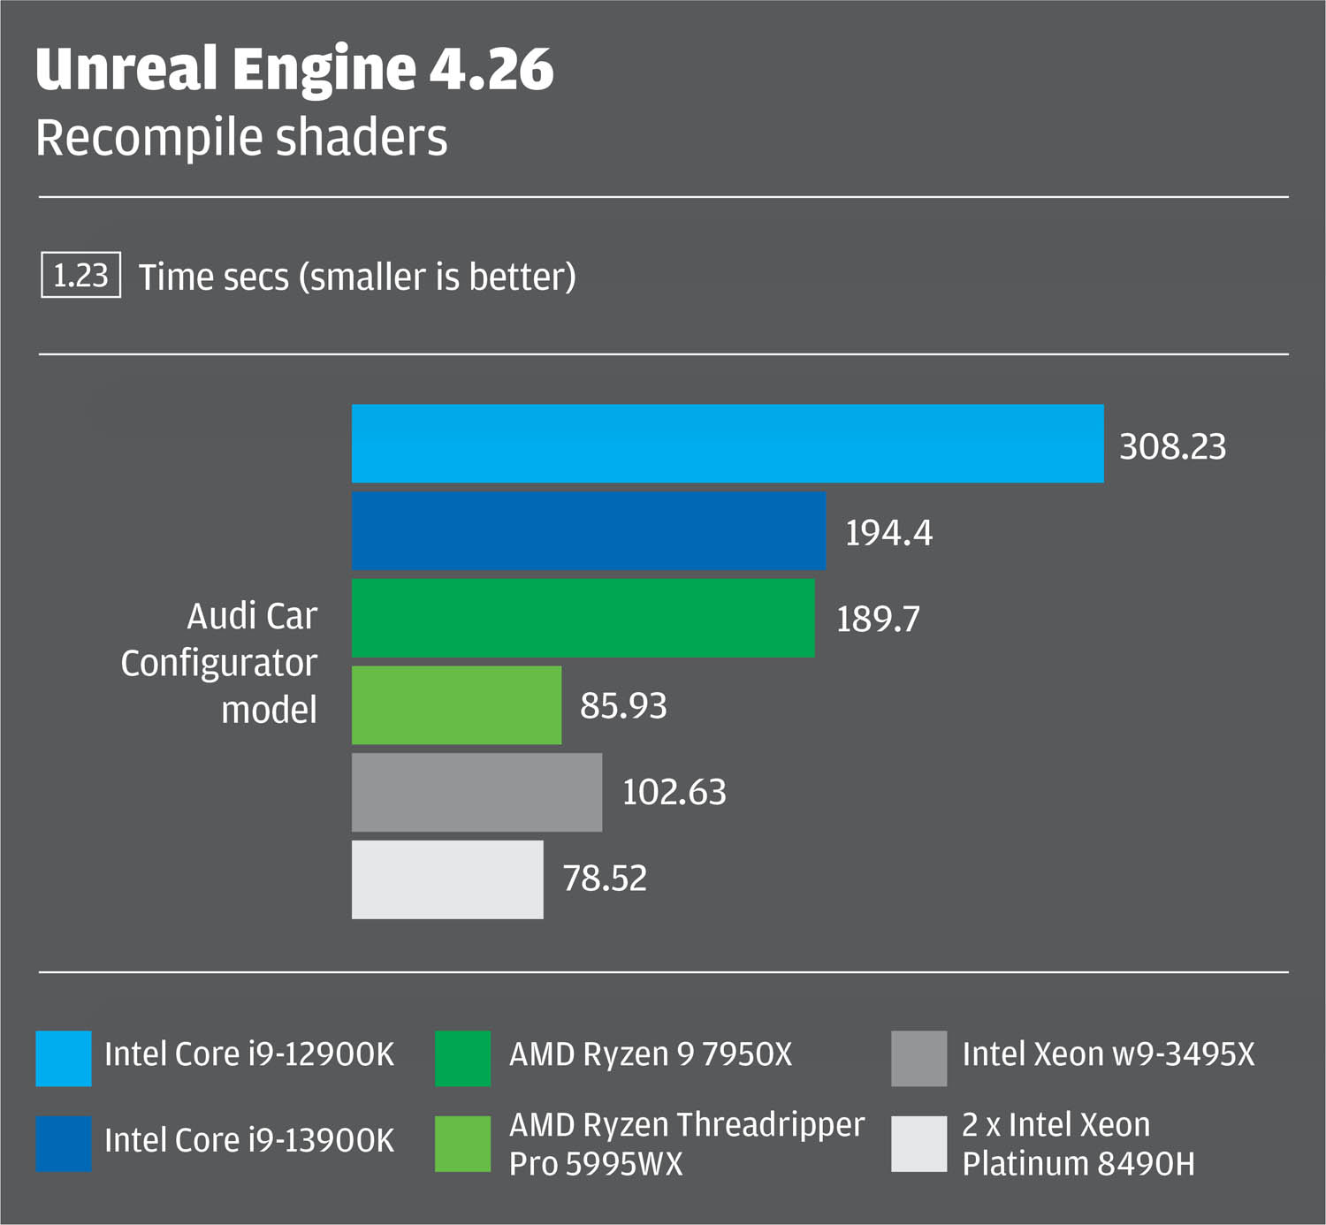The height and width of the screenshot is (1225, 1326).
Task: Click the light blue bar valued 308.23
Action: click(728, 444)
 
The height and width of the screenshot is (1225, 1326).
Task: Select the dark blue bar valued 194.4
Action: click(589, 530)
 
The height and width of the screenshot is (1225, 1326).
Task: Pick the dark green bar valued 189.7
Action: click(583, 618)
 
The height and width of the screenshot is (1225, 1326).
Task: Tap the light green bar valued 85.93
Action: click(456, 704)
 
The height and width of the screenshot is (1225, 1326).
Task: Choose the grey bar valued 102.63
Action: click(476, 792)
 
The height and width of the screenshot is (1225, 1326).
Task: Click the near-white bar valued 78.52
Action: click(447, 879)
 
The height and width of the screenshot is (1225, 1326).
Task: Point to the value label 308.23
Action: click(1172, 446)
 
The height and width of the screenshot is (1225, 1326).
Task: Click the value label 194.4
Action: click(888, 533)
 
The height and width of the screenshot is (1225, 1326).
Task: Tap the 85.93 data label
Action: click(623, 706)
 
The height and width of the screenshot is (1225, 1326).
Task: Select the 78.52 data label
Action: click(605, 879)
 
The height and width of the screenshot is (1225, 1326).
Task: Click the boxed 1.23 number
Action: click(80, 276)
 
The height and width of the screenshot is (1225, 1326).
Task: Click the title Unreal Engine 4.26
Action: click(294, 69)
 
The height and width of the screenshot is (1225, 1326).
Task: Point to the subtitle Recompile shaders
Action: click(241, 138)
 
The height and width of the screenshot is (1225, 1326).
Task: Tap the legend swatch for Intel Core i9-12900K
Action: click(63, 1058)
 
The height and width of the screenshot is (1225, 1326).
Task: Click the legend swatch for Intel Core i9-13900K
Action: click(63, 1143)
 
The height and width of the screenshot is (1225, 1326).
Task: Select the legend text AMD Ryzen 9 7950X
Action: click(651, 1054)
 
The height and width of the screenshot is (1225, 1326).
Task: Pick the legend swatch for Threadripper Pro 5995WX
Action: click(462, 1143)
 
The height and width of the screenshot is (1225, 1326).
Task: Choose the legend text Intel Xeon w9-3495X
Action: click(1108, 1054)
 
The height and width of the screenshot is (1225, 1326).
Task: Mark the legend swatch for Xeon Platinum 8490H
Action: click(918, 1143)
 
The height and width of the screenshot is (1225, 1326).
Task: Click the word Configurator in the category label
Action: click(218, 663)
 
